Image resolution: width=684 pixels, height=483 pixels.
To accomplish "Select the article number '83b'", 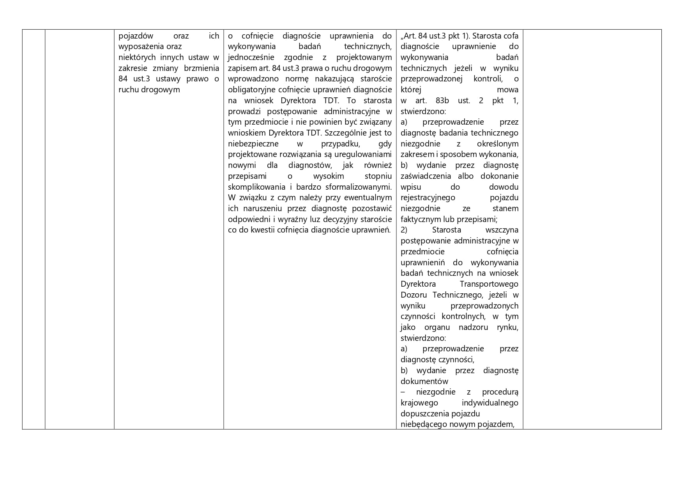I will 442,101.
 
